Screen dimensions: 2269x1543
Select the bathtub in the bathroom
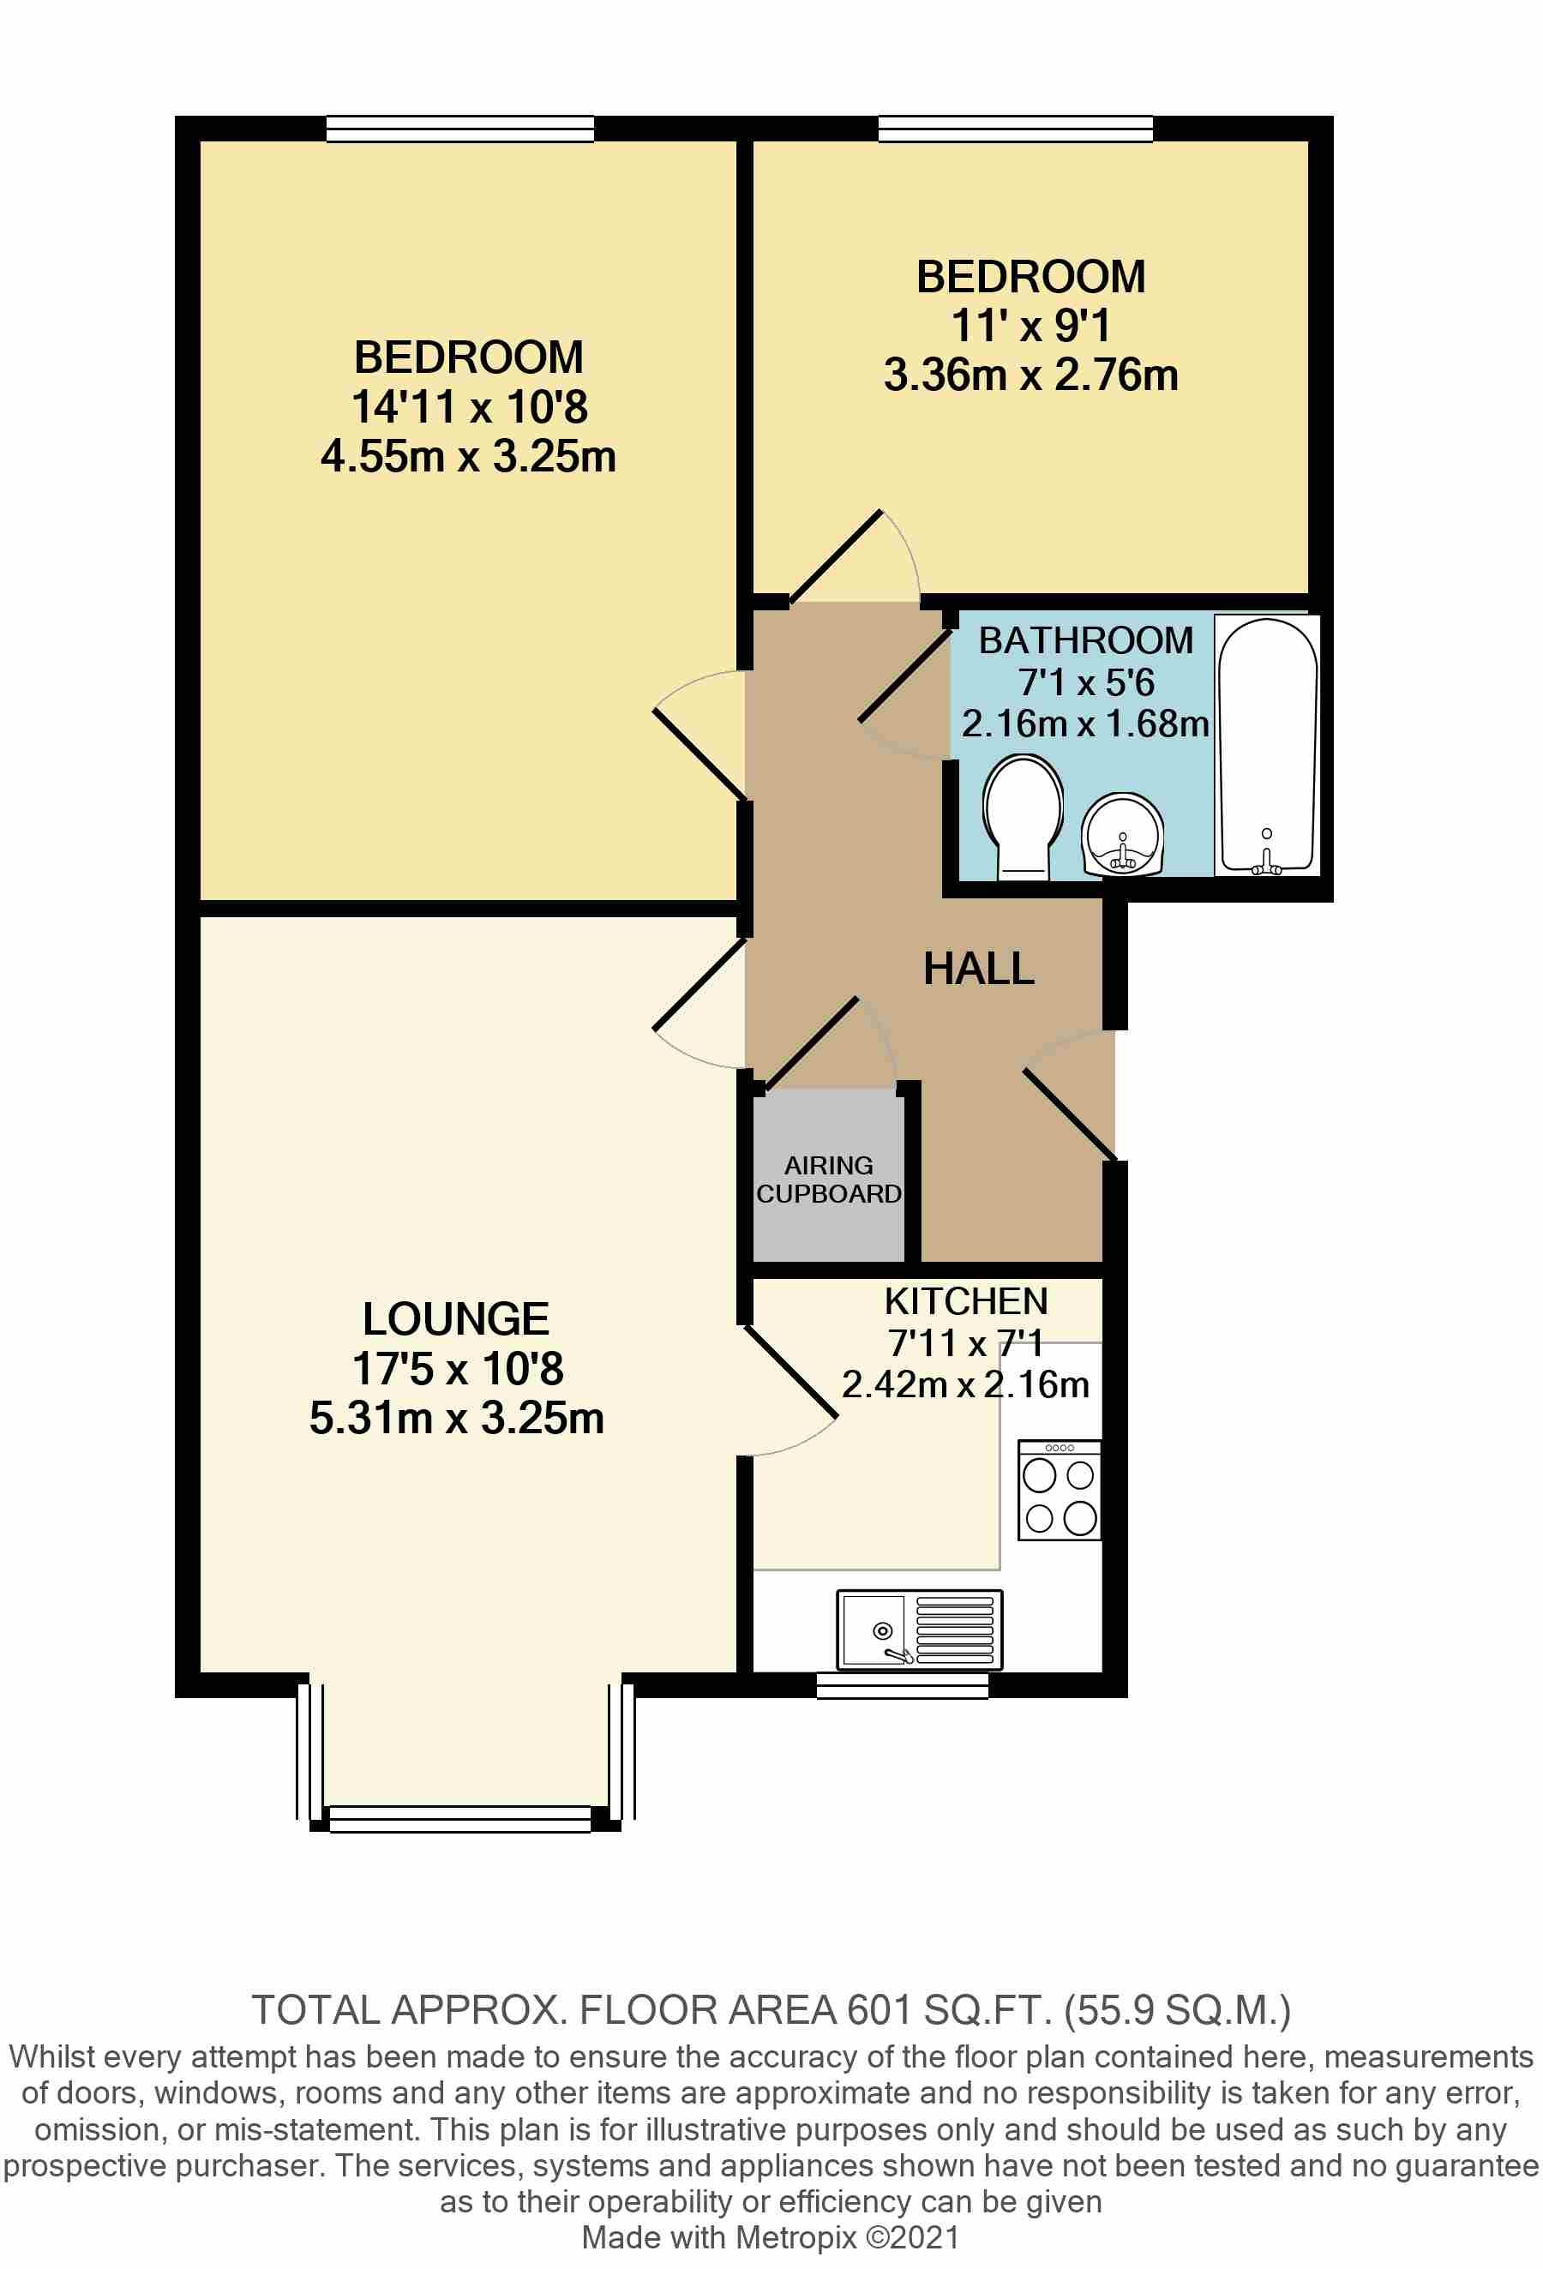(1267, 745)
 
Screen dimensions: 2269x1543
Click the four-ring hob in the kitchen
(1060, 1491)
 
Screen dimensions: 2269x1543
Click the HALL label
(979, 969)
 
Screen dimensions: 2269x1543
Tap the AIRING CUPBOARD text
(828, 1180)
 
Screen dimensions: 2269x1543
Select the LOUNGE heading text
(455, 1319)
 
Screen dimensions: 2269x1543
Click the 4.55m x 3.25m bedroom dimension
(468, 457)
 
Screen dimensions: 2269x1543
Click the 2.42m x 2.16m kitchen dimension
(965, 1384)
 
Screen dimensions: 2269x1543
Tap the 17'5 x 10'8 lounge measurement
(457, 1369)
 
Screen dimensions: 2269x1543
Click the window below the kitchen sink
(902, 1685)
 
